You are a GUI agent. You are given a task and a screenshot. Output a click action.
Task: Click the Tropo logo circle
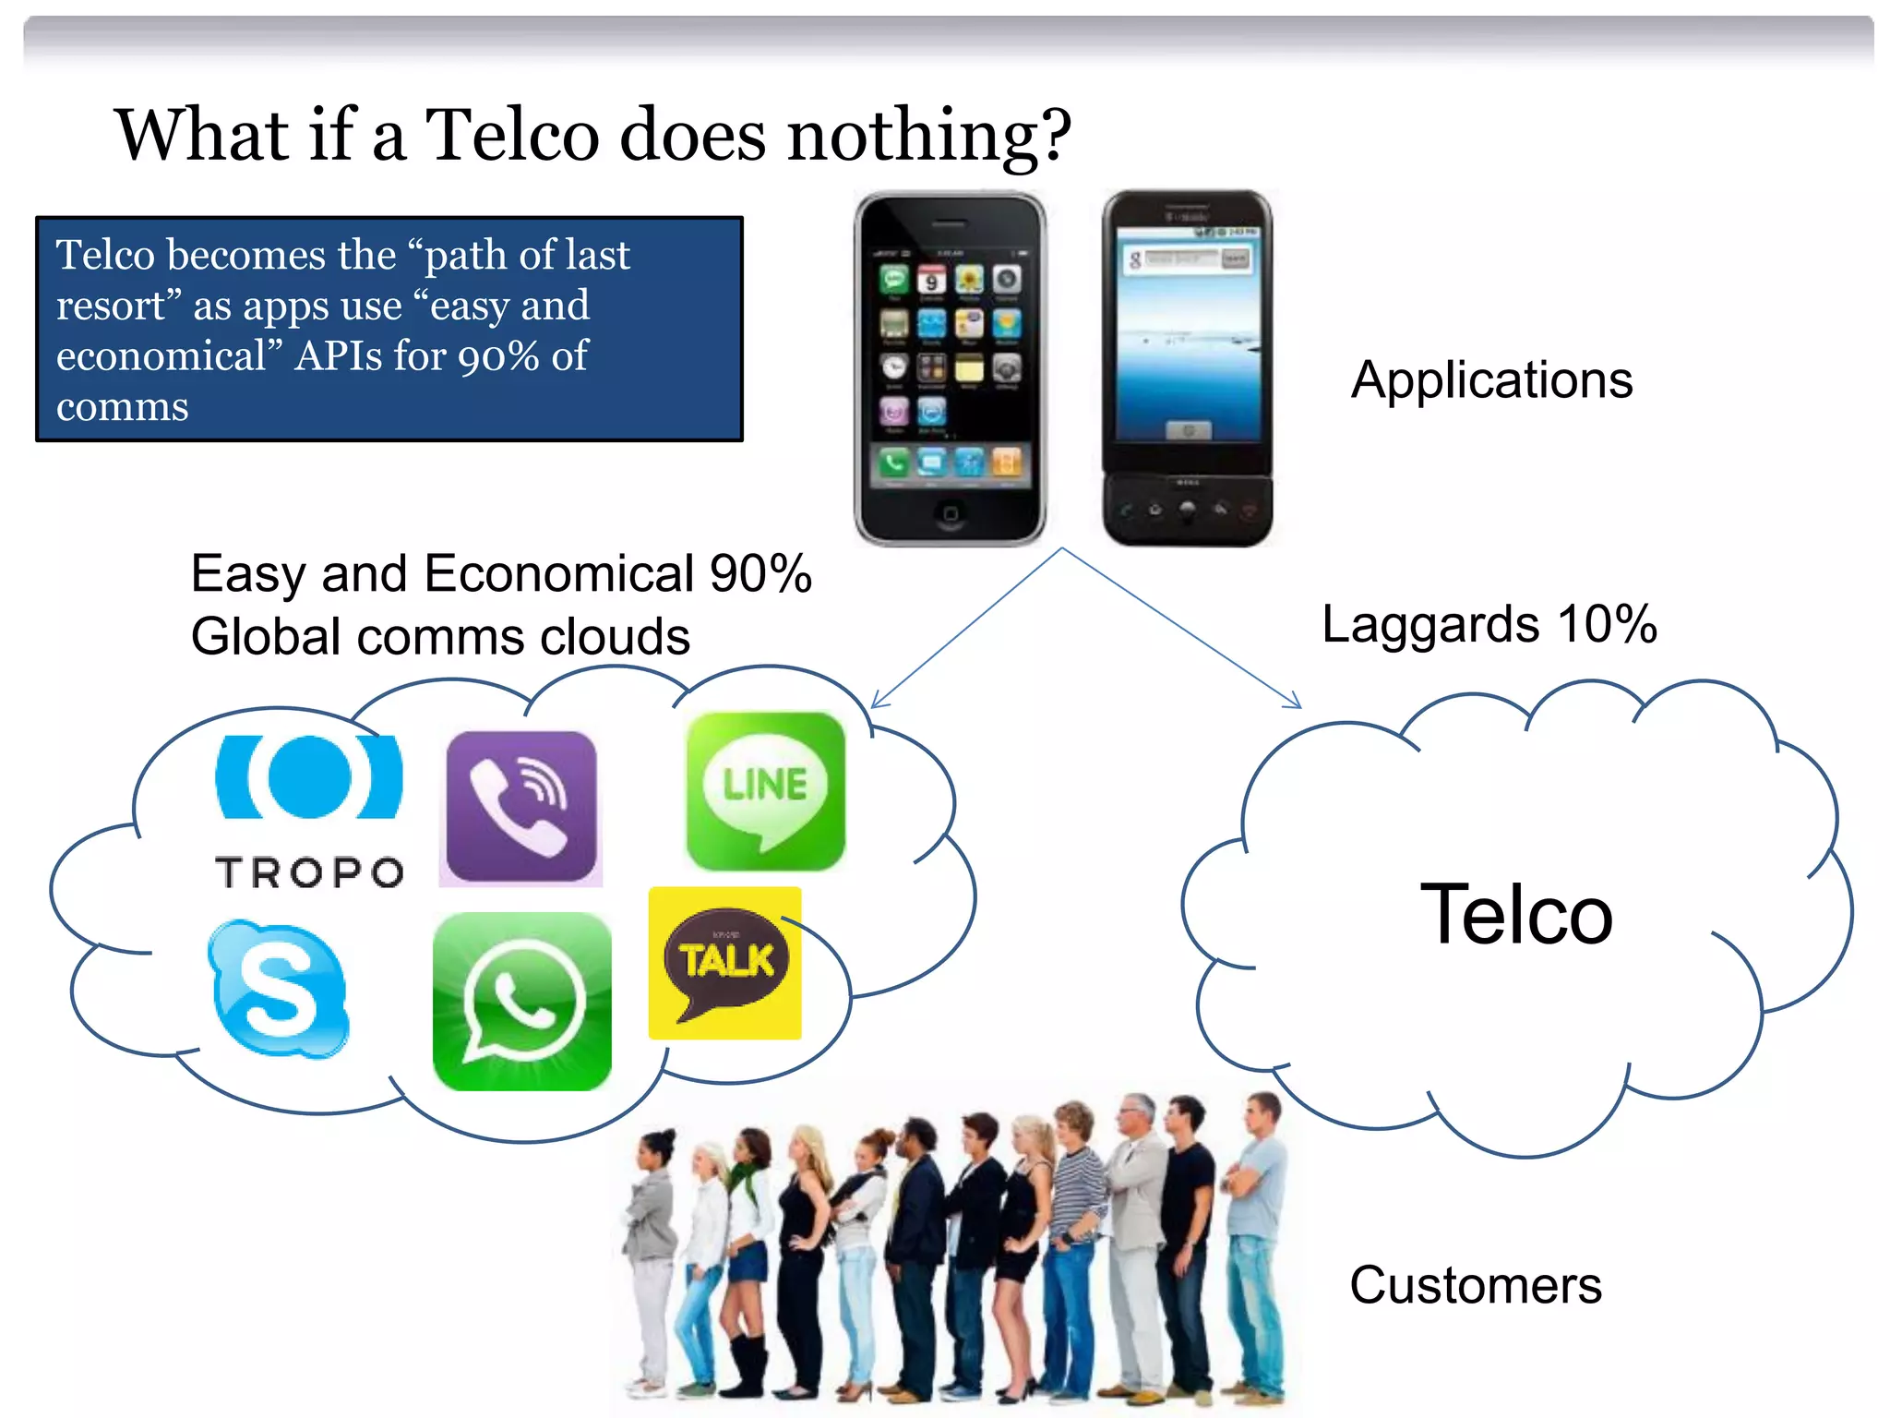pyautogui.click(x=309, y=776)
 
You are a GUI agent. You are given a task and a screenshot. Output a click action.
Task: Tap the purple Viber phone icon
pyautogui.click(x=521, y=807)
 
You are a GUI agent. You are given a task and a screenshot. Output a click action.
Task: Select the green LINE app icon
pyautogui.click(x=765, y=791)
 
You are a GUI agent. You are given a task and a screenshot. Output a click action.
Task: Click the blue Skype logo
pyautogui.click(x=279, y=989)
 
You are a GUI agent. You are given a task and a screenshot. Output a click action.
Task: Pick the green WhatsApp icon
pyautogui.click(x=522, y=1002)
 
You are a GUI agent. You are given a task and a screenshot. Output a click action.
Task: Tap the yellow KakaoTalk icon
pyautogui.click(x=725, y=963)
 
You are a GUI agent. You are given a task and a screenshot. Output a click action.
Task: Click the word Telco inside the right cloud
pyautogui.click(x=1515, y=915)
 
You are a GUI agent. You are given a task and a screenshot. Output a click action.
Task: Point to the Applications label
pyautogui.click(x=1491, y=379)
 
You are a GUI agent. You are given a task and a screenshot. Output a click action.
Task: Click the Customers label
pyautogui.click(x=1475, y=1284)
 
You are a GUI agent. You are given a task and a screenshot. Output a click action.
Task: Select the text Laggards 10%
pyautogui.click(x=1489, y=624)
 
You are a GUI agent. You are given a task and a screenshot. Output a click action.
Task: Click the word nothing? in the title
pyautogui.click(x=928, y=135)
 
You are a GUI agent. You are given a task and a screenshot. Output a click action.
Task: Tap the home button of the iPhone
pyautogui.click(x=950, y=513)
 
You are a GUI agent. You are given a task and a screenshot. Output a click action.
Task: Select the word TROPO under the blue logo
pyautogui.click(x=309, y=872)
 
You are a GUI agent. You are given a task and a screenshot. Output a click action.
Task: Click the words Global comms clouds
pyautogui.click(x=440, y=637)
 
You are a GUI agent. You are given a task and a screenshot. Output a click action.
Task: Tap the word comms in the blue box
pyautogui.click(x=123, y=407)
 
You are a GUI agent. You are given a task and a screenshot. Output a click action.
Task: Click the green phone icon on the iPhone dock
pyautogui.click(x=892, y=461)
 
